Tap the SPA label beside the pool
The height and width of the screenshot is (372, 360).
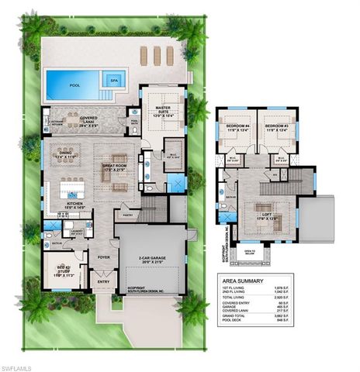coord(114,79)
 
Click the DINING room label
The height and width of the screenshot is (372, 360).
coord(62,153)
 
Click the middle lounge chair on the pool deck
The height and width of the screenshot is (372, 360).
coord(155,55)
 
